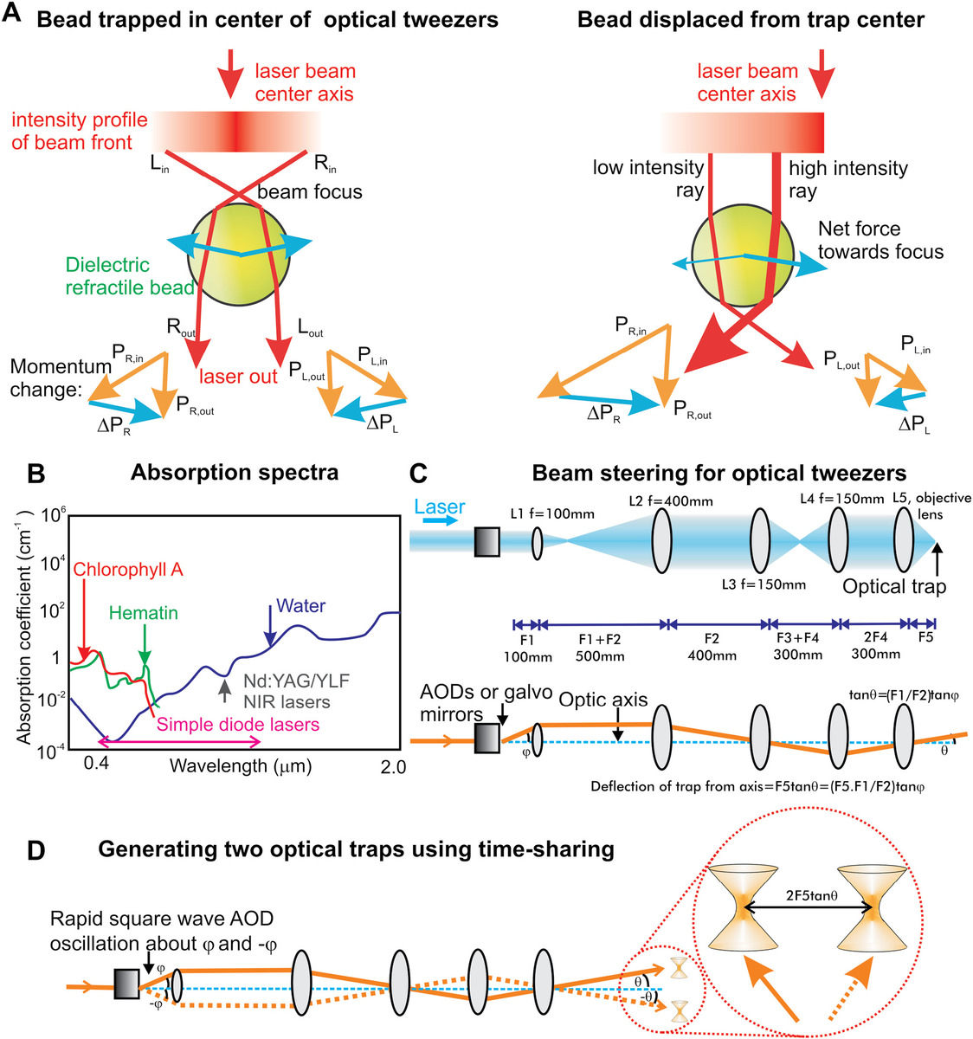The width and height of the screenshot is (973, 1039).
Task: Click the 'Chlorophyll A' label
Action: [129, 570]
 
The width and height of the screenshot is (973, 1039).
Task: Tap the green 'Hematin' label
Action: [144, 613]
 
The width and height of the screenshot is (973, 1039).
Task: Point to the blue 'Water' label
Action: [300, 606]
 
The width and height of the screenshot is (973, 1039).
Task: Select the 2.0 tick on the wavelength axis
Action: [392, 766]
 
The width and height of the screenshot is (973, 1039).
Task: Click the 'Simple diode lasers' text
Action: [237, 724]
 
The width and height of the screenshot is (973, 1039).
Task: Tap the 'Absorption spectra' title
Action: [235, 473]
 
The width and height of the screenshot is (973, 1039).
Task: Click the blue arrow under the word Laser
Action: [441, 523]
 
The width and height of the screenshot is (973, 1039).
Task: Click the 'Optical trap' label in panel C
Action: [894, 586]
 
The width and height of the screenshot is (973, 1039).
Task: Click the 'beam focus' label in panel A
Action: [310, 191]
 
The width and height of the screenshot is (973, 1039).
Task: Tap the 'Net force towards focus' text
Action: [880, 240]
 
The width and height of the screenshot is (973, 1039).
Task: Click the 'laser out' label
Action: [238, 376]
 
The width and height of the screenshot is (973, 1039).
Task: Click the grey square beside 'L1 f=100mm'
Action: [487, 543]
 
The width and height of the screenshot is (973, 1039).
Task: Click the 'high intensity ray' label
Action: [847, 179]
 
